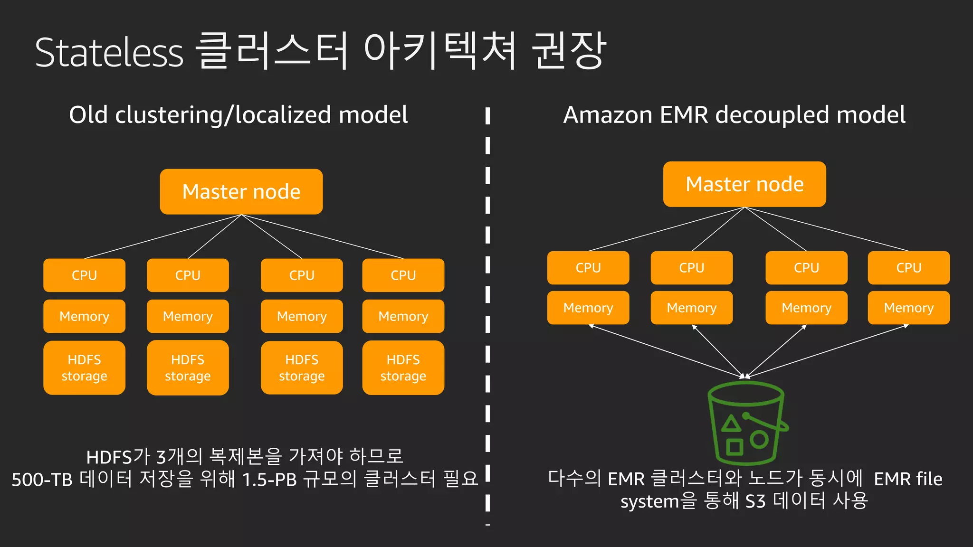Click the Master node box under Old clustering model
[x=241, y=192]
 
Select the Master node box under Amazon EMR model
[x=744, y=184]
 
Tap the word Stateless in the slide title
[x=109, y=53]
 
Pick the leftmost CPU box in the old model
[x=84, y=275]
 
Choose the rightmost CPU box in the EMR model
[x=908, y=268]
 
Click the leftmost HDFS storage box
[x=84, y=368]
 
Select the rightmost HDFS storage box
[x=403, y=368]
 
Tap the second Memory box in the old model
[x=188, y=316]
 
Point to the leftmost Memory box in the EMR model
[x=588, y=308]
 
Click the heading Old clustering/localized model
[x=238, y=115]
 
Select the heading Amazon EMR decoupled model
[x=734, y=115]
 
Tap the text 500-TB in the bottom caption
[x=42, y=480]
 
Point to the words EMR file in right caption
[x=908, y=479]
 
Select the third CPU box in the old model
[x=302, y=275]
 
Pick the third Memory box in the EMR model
[x=806, y=308]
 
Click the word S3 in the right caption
[x=755, y=501]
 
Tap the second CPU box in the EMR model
[x=691, y=268]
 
